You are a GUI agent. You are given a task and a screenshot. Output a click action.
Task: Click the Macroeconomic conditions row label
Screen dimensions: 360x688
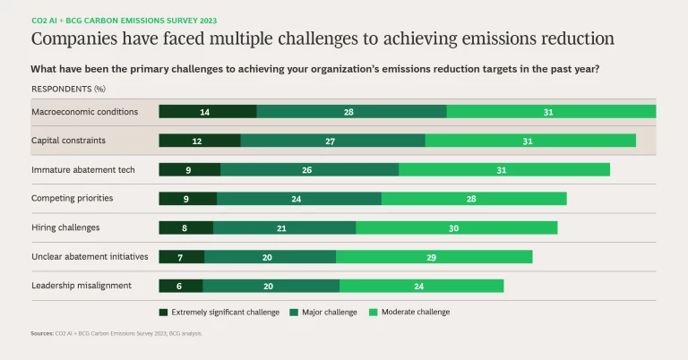coord(84,112)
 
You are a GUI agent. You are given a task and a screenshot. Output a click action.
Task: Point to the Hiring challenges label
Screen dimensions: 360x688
coord(65,227)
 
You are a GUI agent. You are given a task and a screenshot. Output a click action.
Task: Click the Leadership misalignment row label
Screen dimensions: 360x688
coord(82,286)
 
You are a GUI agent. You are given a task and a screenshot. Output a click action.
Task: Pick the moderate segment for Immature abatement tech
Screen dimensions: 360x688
coord(504,169)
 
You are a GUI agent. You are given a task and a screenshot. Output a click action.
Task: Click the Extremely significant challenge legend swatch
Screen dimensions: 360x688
coord(163,313)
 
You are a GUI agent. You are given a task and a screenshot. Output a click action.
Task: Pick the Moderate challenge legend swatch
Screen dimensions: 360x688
coord(374,313)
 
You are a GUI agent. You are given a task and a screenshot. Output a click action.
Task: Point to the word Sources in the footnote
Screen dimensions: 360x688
coord(41,333)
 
